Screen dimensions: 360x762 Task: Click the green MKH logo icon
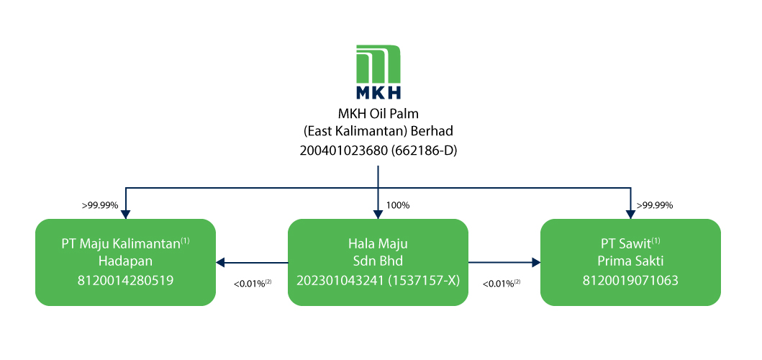(378, 65)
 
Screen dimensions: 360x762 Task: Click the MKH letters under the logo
(378, 92)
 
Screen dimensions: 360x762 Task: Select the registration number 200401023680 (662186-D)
(378, 150)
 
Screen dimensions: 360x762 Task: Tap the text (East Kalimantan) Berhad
(378, 132)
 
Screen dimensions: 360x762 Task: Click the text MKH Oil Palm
(378, 113)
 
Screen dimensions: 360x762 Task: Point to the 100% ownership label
(398, 205)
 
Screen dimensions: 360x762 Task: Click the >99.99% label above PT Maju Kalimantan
(100, 205)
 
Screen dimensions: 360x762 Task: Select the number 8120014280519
(126, 280)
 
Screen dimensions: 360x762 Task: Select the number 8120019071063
(630, 280)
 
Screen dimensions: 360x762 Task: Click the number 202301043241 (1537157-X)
(378, 280)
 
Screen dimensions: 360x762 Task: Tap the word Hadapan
(126, 261)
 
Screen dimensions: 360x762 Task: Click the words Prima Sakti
(630, 261)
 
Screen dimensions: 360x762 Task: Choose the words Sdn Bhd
(378, 261)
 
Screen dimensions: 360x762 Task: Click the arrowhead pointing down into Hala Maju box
(378, 213)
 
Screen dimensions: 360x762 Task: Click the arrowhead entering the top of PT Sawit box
(631, 213)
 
